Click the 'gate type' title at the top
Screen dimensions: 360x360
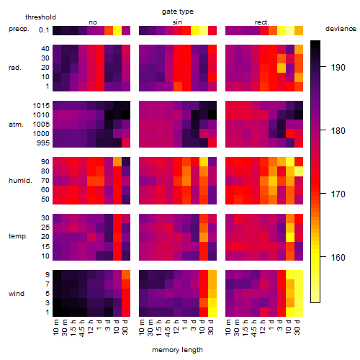click(x=178, y=12)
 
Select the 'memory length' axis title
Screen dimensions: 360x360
click(x=177, y=350)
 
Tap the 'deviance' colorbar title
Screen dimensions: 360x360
click(x=341, y=29)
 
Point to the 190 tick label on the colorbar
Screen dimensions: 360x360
click(x=338, y=68)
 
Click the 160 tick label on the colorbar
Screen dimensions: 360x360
click(x=338, y=258)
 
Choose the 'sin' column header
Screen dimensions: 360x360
click(x=177, y=22)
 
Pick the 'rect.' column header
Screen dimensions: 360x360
click(x=261, y=22)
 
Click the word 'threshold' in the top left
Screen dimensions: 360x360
click(x=40, y=17)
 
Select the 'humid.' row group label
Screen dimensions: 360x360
click(x=20, y=181)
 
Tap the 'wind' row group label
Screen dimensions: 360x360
click(x=17, y=294)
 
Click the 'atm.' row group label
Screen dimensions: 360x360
click(x=16, y=125)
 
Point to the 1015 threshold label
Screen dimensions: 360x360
click(x=41, y=106)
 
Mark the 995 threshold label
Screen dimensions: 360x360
click(x=43, y=143)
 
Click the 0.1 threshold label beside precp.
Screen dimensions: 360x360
click(x=44, y=30)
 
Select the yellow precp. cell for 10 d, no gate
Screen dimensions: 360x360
click(x=117, y=30)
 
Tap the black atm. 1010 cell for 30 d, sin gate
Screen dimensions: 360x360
click(x=212, y=115)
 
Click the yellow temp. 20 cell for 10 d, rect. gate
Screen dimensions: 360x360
click(x=290, y=237)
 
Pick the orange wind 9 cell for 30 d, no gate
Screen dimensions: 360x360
click(x=126, y=275)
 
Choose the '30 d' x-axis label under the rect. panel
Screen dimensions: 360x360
click(x=297, y=328)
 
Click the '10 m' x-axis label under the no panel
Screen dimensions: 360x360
click(x=55, y=328)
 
